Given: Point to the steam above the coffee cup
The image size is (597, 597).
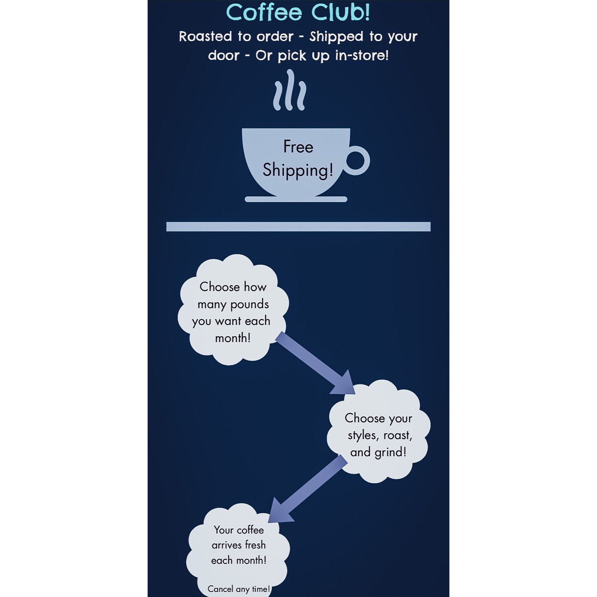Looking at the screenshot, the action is [290, 90].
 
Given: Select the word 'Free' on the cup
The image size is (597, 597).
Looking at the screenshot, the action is [298, 147].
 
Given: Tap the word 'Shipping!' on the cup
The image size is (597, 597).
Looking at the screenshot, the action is [298, 170].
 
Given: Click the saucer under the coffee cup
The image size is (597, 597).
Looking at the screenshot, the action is [296, 199].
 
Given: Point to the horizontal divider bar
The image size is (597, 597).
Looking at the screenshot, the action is [298, 226].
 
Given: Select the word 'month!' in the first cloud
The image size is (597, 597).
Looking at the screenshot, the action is [233, 338].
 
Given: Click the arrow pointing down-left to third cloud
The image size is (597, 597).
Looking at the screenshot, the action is [308, 489].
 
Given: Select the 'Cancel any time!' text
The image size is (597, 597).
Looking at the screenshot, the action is [239, 589].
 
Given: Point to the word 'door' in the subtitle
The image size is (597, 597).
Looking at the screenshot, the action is [224, 55].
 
